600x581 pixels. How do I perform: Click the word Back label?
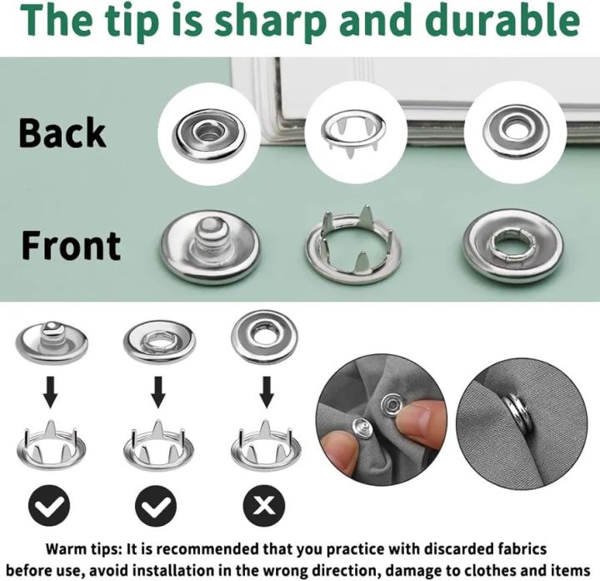click(x=62, y=133)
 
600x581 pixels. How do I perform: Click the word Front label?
click(x=71, y=245)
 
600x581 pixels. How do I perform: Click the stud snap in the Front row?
click(x=211, y=246)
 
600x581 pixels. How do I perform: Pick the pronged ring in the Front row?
click(x=352, y=246)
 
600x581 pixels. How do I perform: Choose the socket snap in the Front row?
click(x=512, y=246)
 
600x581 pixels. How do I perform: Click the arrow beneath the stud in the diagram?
click(x=51, y=390)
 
